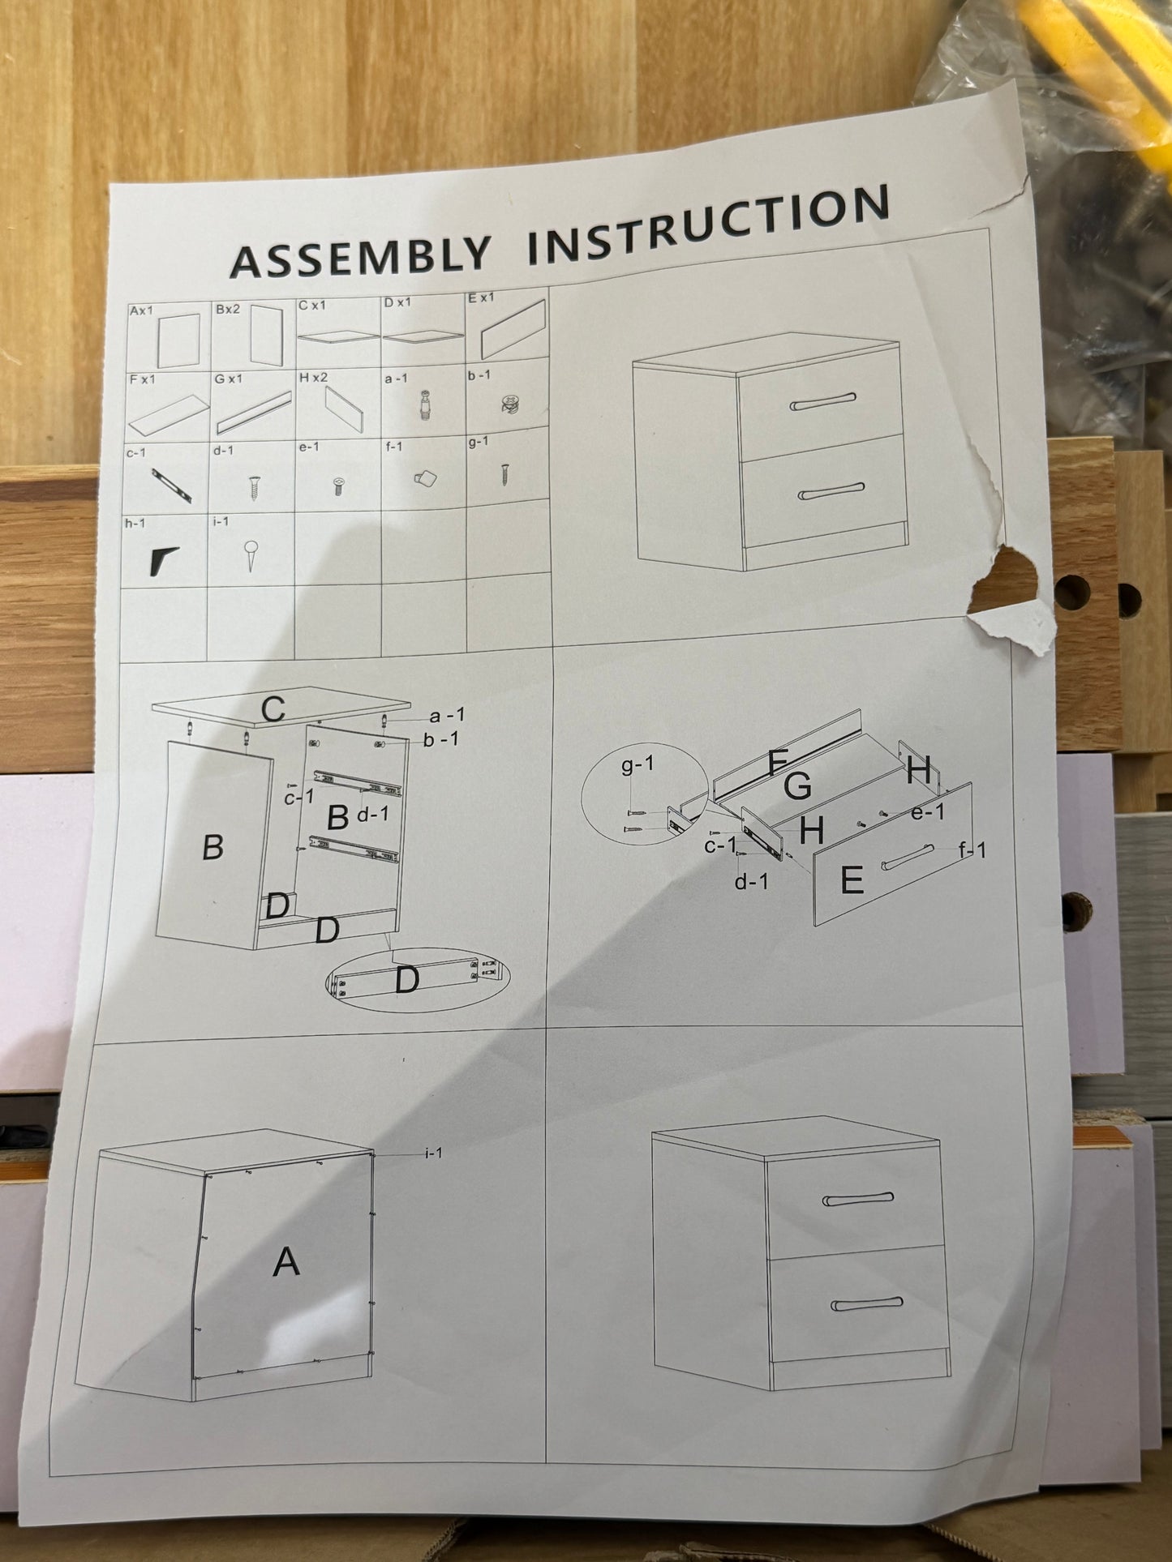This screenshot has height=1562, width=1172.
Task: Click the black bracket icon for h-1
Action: click(x=165, y=561)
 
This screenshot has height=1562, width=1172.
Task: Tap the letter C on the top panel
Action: click(x=273, y=709)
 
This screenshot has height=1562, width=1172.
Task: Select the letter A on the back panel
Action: click(x=286, y=1262)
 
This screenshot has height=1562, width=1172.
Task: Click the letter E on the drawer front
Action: click(x=852, y=879)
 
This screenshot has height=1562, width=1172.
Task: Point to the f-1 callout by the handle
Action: click(x=972, y=850)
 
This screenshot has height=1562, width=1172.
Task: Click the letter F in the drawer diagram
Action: click(x=777, y=762)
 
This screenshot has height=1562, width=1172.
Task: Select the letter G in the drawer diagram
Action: click(x=798, y=785)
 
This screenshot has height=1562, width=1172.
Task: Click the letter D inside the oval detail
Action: click(x=406, y=981)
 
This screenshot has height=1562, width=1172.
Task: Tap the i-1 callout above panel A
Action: click(x=433, y=1153)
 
